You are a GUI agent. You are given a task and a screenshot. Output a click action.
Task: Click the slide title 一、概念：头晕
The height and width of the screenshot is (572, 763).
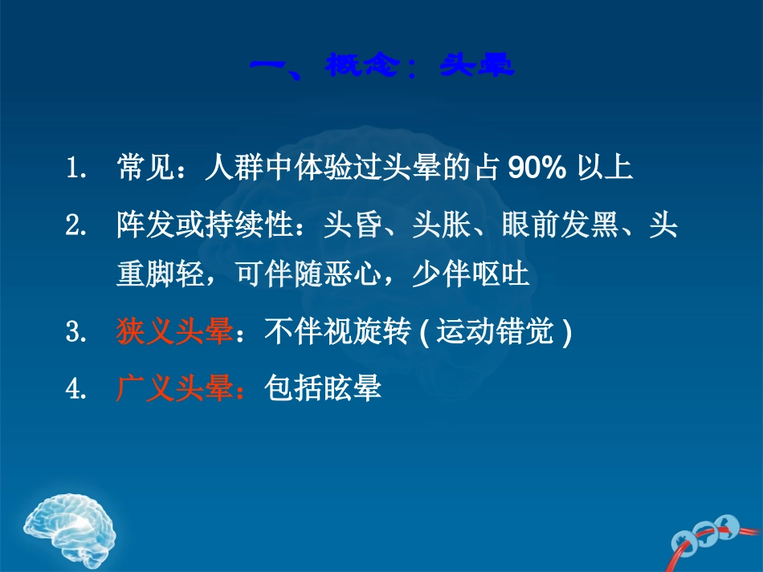coord(381,65)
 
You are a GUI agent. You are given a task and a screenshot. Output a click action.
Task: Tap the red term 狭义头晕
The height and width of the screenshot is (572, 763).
coord(173,331)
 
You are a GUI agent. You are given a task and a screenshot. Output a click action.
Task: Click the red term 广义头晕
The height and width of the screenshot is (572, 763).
coord(173,388)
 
